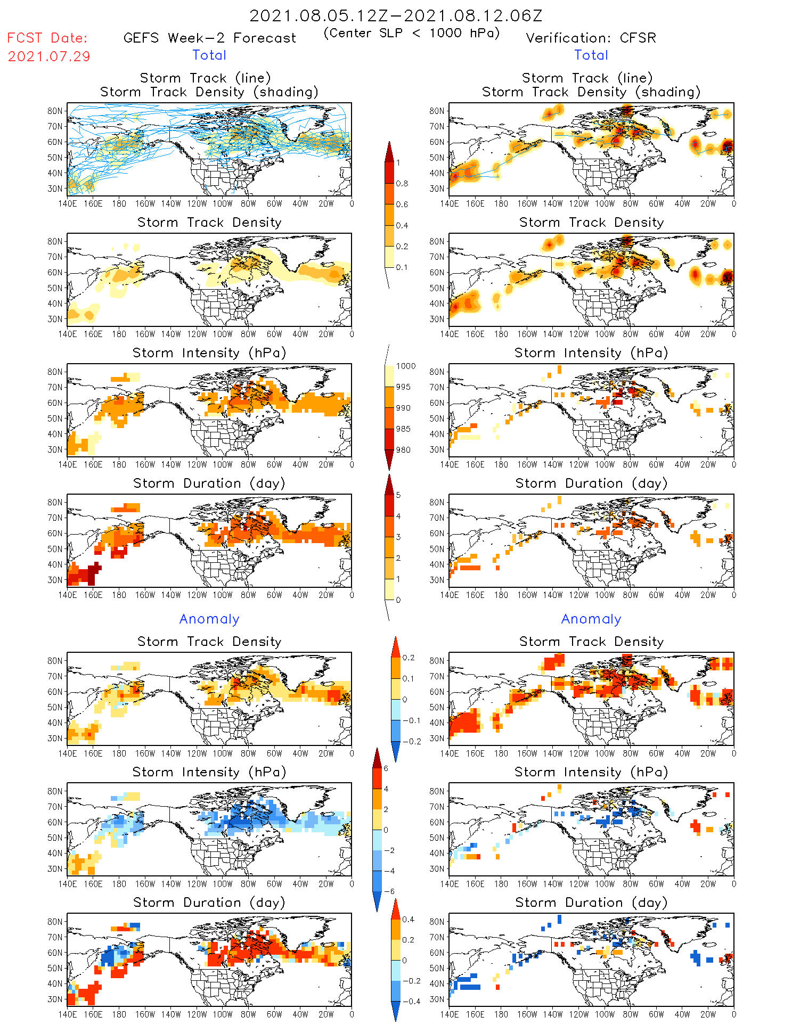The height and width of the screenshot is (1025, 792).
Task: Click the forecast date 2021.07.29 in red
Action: point(49,56)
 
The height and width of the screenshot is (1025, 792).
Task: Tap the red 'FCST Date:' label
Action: point(47,38)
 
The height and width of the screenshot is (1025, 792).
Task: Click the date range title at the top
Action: point(396,15)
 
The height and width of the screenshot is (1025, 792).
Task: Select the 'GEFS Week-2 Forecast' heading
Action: point(209,38)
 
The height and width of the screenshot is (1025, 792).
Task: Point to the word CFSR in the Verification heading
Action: point(638,38)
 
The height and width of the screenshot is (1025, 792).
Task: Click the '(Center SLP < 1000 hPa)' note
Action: point(412,33)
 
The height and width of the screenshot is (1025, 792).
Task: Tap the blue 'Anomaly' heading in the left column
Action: point(209,619)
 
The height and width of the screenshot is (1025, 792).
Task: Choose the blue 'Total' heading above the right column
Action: point(591,55)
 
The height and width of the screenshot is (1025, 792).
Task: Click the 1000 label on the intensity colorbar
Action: point(406,366)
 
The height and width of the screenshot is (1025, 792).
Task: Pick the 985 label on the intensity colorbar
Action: point(403,429)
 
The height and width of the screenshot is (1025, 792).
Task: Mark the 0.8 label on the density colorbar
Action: point(402,184)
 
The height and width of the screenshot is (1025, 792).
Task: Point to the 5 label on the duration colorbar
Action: point(398,495)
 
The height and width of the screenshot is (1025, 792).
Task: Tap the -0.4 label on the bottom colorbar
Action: point(408,1001)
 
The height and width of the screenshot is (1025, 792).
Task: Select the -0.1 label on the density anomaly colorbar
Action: point(411,720)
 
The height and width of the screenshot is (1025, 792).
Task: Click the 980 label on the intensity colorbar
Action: point(403,450)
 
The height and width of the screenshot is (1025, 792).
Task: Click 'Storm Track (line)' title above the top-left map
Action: point(205,78)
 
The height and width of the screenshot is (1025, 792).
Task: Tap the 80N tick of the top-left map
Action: point(55,111)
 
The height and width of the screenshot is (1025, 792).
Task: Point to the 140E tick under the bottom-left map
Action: point(67,1014)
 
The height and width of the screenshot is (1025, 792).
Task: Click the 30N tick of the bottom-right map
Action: point(437,999)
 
